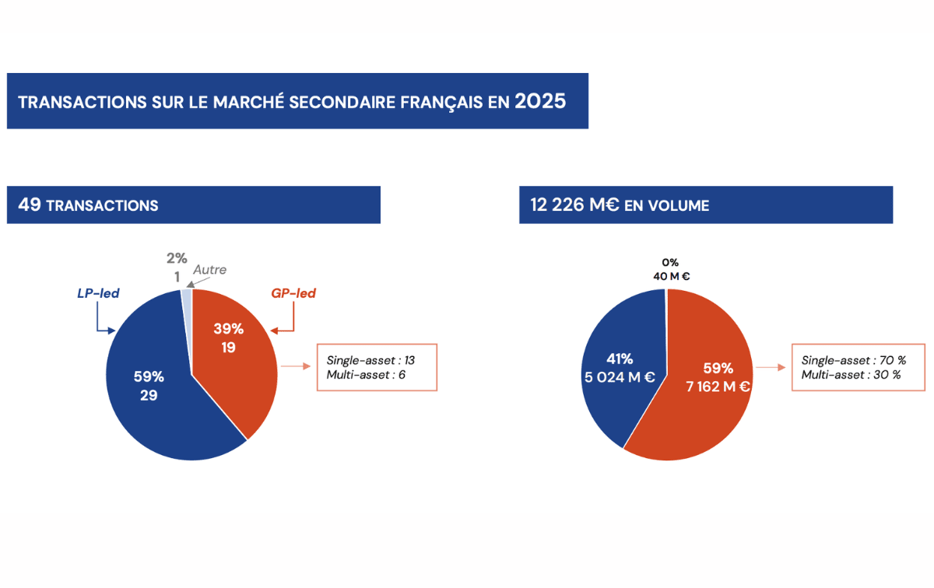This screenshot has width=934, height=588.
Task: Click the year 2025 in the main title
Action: click(x=540, y=102)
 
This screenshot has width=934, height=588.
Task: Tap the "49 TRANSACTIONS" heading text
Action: click(x=88, y=205)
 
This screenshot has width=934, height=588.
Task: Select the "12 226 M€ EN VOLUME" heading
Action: click(x=620, y=205)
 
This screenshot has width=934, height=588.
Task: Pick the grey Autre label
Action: click(x=210, y=270)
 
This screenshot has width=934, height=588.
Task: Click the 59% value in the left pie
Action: click(x=149, y=376)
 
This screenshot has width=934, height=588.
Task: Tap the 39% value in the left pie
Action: click(x=228, y=329)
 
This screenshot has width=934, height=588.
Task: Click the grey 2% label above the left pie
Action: click(x=176, y=258)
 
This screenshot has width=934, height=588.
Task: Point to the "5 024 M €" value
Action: click(x=620, y=378)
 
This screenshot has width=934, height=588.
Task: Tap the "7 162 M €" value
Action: click(x=718, y=386)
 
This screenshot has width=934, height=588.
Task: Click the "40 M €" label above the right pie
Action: click(x=672, y=276)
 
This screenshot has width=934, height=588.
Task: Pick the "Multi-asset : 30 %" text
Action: click(x=851, y=375)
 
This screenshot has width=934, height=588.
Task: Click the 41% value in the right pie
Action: click(x=620, y=359)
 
